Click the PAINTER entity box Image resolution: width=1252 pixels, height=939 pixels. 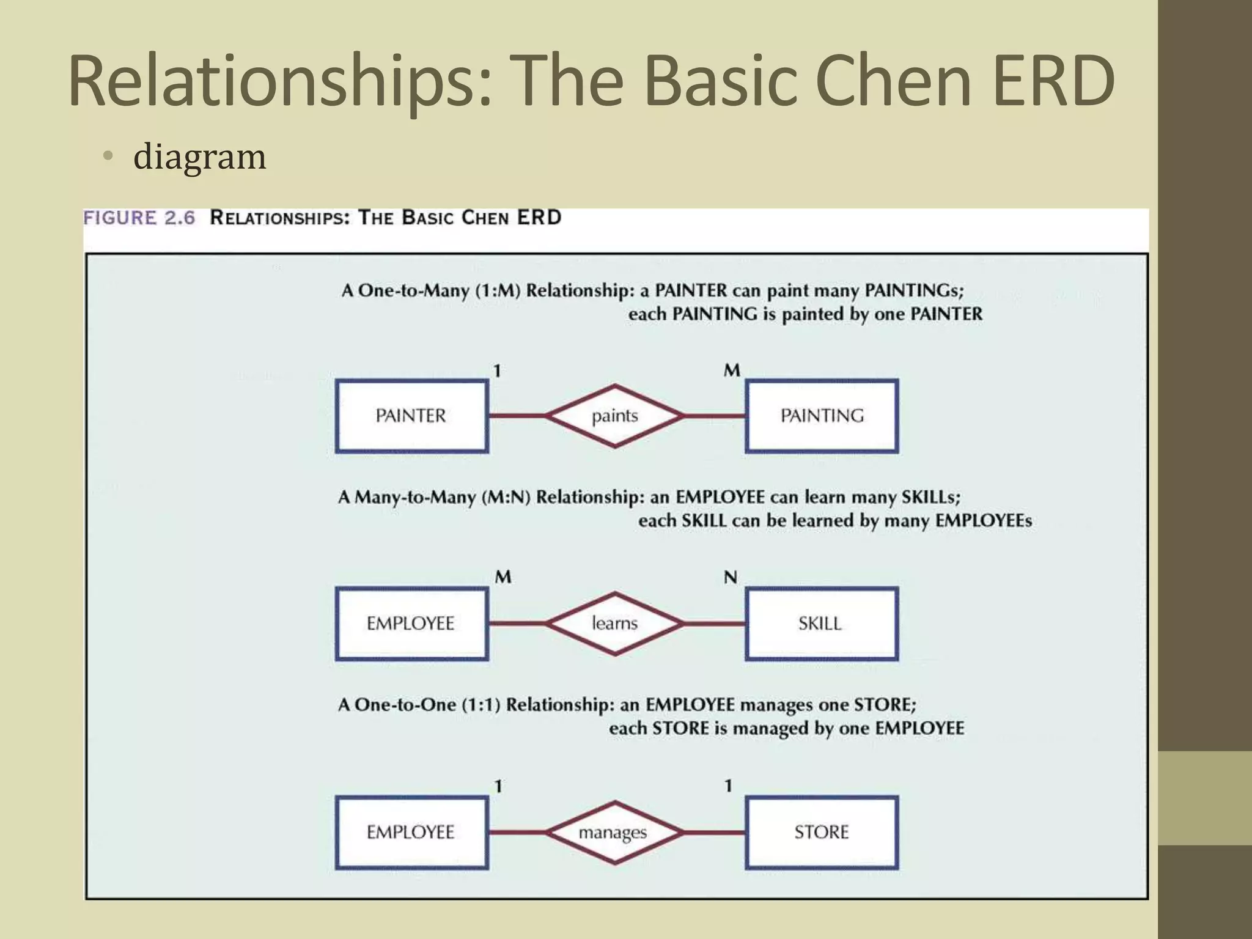click(x=411, y=416)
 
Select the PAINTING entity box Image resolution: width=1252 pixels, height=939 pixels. click(x=822, y=416)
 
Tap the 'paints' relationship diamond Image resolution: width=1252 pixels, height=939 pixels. click(x=614, y=416)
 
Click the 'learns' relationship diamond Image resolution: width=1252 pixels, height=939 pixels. click(x=614, y=624)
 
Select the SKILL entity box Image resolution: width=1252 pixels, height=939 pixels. click(x=822, y=624)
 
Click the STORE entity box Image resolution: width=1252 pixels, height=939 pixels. click(x=822, y=833)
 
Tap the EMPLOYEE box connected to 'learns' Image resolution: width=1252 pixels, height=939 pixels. click(x=411, y=624)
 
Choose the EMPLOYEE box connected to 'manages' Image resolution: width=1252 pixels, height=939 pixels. click(x=411, y=833)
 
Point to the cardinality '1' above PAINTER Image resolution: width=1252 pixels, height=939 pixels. click(x=498, y=370)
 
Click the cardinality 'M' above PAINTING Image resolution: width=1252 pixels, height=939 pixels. click(x=732, y=370)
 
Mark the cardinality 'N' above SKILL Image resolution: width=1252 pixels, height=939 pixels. click(x=731, y=577)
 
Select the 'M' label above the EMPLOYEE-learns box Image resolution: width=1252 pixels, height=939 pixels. click(x=503, y=577)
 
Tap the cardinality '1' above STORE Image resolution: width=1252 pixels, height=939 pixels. click(x=728, y=786)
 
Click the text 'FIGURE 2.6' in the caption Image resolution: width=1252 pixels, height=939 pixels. click(x=139, y=218)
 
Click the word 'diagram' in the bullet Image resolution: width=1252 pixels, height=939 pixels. click(x=200, y=156)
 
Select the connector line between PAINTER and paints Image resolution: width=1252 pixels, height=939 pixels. click(x=517, y=416)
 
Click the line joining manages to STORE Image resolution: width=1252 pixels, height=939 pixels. click(x=714, y=833)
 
